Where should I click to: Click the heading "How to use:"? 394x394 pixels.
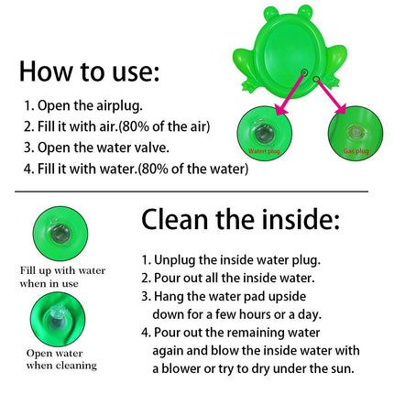point(90,71)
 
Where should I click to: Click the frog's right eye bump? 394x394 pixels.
point(301,16)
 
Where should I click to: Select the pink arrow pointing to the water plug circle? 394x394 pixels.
point(285,95)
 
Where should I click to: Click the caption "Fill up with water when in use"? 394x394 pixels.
point(62,277)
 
